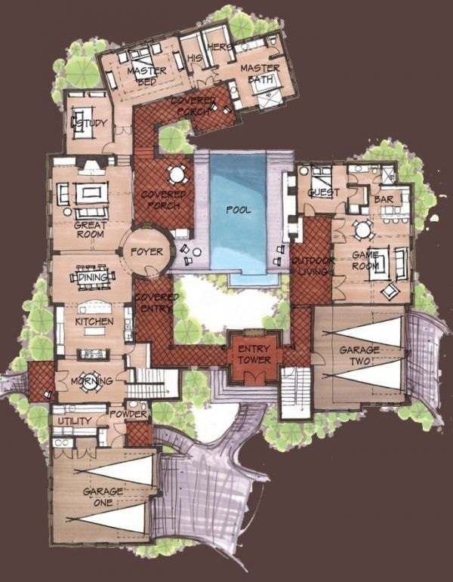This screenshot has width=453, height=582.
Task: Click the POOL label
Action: tap(238, 210)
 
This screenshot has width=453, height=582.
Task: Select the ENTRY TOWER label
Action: tap(254, 354)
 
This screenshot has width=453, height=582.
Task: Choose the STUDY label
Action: tap(92, 122)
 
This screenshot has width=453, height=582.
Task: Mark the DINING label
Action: tap(93, 278)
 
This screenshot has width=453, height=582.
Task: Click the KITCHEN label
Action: tap(94, 322)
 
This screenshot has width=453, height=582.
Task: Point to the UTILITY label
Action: tap(73, 420)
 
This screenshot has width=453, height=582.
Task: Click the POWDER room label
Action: tap(128, 414)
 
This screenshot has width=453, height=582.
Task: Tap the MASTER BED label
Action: tap(141, 76)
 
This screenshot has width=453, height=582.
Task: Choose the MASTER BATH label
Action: tap(260, 73)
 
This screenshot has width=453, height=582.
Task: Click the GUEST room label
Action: tap(323, 192)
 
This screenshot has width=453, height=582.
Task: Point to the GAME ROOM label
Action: tap(366, 260)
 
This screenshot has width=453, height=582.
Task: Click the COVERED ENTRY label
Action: tap(157, 302)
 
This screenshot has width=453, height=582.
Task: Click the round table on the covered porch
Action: tap(176, 175)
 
